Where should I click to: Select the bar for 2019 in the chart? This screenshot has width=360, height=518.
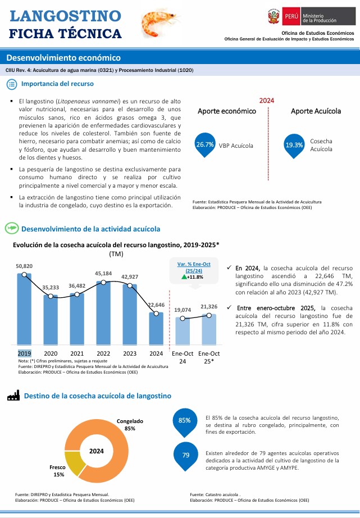pos(24,309)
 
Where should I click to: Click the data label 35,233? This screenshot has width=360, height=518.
pos(51,287)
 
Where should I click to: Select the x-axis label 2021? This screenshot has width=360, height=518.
pos(77,353)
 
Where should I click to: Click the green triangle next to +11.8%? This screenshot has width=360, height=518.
pos(184,277)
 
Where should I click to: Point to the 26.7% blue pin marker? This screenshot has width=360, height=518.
pos(205,145)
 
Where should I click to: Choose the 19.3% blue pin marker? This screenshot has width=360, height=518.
pos(294,145)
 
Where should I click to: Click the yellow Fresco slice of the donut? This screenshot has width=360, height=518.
pos(74,462)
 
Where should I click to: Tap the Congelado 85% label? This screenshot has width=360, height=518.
pos(130,425)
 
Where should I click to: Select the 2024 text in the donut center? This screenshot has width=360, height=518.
pos(96,451)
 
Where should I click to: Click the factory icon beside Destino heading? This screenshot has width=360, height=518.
pos(13,396)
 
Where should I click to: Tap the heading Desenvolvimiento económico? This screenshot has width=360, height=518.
pos(63,58)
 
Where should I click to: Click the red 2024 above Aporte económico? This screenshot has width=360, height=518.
pos(267,100)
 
